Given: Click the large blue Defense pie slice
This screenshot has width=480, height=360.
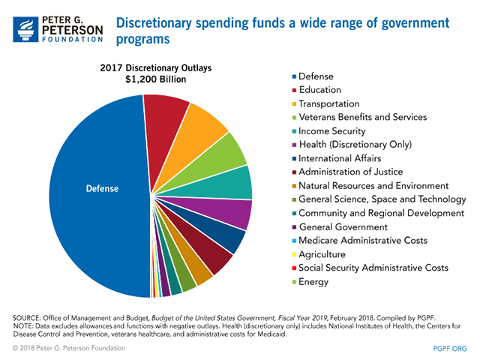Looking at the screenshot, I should click(x=90, y=195).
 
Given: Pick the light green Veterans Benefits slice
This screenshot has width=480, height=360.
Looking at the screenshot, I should click(x=226, y=153).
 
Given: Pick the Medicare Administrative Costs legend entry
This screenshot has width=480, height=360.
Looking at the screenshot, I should click(x=353, y=240).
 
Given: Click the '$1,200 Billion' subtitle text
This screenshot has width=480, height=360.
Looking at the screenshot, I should click(x=157, y=79).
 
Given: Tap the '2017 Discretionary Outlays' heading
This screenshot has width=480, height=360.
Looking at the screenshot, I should click(x=157, y=67).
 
